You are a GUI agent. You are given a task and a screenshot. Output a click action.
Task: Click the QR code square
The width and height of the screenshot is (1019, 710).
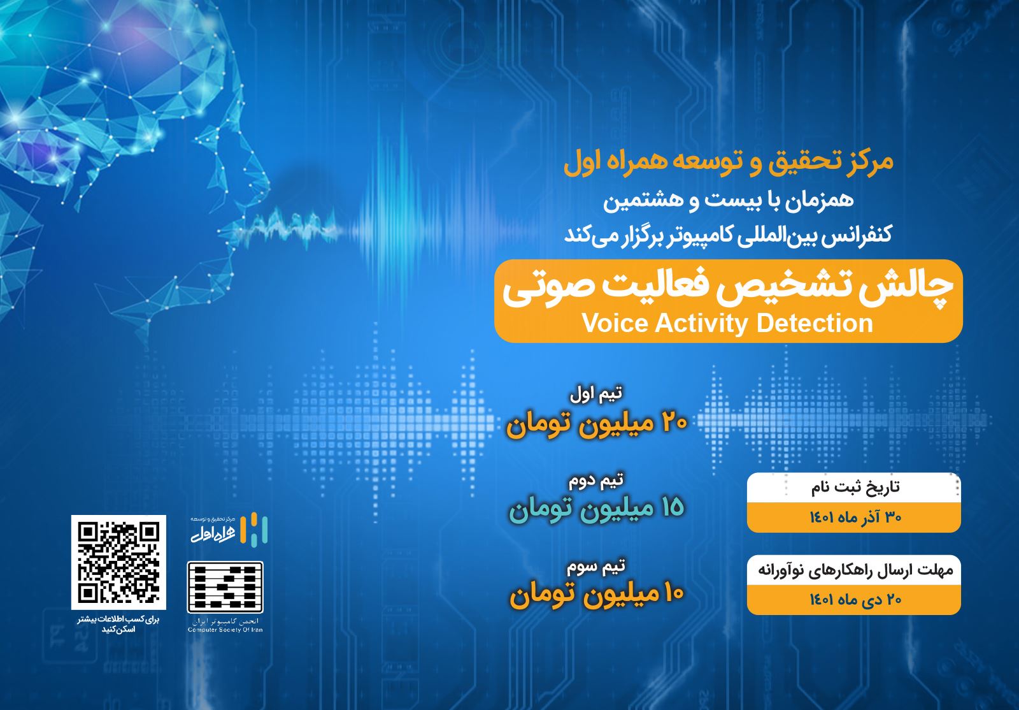click(x=118, y=562)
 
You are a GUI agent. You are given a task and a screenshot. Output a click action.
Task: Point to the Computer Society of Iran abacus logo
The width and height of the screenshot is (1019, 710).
click(x=225, y=587)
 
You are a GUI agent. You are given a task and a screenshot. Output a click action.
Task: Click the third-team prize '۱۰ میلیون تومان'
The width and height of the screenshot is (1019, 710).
click(x=597, y=595)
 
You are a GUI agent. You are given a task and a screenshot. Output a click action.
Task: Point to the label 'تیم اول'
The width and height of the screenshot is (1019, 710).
click(x=596, y=394)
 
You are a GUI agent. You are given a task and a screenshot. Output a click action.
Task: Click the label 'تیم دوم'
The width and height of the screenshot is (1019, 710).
click(x=596, y=481)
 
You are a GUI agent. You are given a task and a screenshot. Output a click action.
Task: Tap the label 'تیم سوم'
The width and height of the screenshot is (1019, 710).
click(x=596, y=566)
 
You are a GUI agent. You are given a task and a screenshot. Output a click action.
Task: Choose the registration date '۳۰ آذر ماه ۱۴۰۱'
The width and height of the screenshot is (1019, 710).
click(x=855, y=517)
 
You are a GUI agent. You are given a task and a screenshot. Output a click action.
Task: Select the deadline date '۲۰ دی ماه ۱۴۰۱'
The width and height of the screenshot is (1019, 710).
click(x=855, y=599)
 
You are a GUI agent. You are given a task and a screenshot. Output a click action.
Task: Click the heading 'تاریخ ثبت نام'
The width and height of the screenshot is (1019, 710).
click(x=855, y=488)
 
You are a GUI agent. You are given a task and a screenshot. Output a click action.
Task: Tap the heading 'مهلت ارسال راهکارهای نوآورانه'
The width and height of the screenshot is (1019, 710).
click(x=855, y=570)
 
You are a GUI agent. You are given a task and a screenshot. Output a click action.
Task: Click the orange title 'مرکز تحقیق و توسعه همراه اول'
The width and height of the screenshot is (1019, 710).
click(x=729, y=163)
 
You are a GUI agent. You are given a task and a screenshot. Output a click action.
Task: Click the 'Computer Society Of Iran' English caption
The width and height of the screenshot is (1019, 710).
click(x=225, y=630)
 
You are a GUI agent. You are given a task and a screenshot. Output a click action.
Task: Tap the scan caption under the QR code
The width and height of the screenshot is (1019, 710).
click(x=118, y=625)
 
